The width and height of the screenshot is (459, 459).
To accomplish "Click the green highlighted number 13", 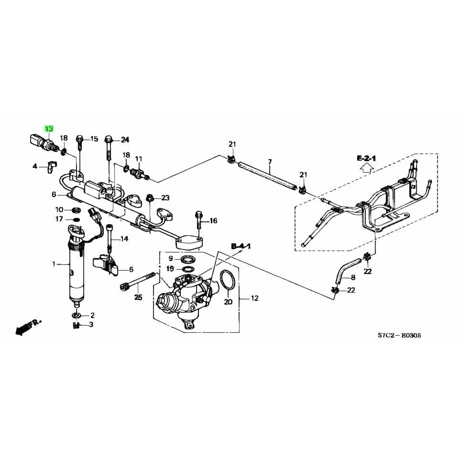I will (x=49, y=129).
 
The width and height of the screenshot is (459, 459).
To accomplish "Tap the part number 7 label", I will (x=270, y=162).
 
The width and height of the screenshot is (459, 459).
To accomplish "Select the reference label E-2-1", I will (x=366, y=158).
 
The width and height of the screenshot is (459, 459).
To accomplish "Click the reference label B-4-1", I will (x=241, y=246).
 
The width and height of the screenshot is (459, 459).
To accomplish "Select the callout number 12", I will (x=254, y=298).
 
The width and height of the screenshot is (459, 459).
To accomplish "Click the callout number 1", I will (x=54, y=263).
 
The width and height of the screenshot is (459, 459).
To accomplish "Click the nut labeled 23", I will (x=149, y=197).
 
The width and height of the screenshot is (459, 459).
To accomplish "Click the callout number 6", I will (x=54, y=194).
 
